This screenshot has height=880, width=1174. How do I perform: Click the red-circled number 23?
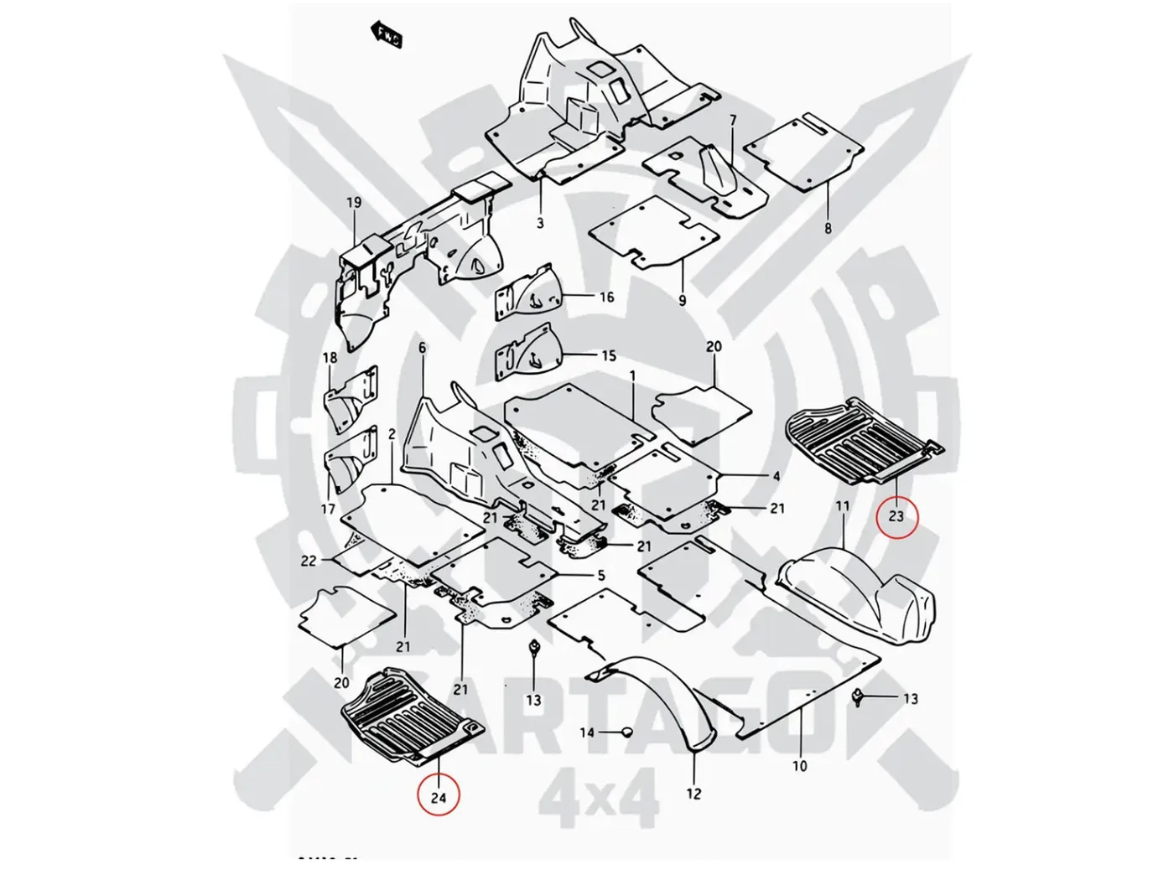coord(896,516)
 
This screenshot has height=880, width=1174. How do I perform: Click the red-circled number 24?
coord(439,796)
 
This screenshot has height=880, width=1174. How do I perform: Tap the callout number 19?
coord(353,203)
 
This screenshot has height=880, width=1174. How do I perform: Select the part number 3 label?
coord(540,223)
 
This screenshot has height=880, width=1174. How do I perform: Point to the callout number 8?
coord(829,227)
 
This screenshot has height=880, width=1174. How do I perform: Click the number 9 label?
coord(682,299)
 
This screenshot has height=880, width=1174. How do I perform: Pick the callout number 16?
coord(606,297)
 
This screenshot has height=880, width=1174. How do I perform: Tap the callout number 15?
coord(609,355)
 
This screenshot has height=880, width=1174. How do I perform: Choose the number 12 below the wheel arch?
coord(693,793)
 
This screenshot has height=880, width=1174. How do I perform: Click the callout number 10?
coord(799,765)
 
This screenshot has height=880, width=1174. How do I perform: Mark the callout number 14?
coord(587,732)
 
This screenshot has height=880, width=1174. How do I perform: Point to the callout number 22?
coord(309,560)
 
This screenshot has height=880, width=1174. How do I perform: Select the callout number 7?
coord(732,121)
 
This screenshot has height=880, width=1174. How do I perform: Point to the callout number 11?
coord(842,506)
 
